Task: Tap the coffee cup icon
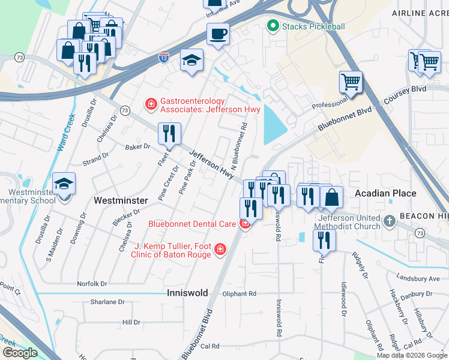[218, 34]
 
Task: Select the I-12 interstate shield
[164, 58]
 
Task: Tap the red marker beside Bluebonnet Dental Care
[244, 224]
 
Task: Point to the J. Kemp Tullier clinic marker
[220, 248]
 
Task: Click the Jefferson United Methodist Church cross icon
[390, 221]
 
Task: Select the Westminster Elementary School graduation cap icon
[64, 184]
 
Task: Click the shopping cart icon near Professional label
[351, 82]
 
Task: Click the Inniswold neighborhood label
[187, 293]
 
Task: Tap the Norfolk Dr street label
[92, 283]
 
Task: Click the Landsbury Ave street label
[418, 278]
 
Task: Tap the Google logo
[20, 353]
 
